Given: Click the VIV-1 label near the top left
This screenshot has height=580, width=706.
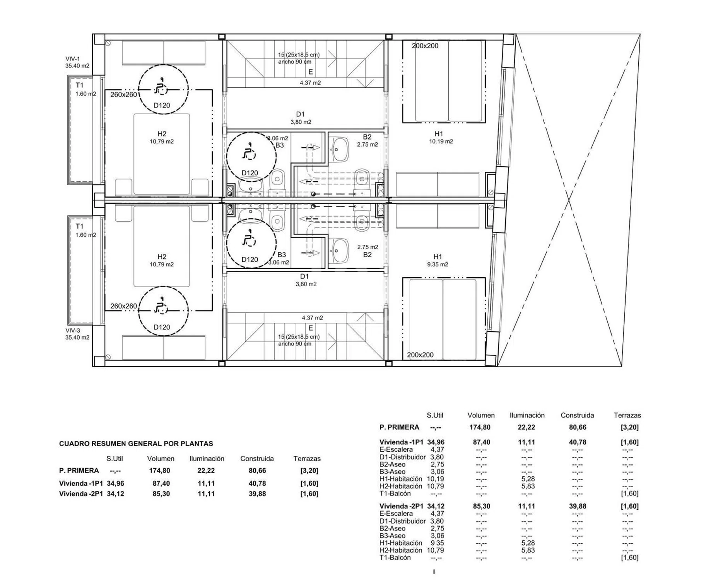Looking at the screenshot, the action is click(x=73, y=59).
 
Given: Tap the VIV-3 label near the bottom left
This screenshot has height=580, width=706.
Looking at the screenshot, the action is click(x=73, y=331).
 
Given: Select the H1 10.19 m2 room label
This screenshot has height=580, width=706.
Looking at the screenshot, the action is click(x=441, y=137).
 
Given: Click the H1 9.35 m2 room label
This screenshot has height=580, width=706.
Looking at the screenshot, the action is click(x=438, y=260).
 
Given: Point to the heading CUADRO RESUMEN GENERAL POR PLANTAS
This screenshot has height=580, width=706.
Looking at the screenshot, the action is click(x=136, y=444).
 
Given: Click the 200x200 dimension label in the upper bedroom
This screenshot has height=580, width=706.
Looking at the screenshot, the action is click(x=425, y=46).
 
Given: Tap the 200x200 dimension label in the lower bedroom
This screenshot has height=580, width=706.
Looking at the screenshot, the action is click(x=420, y=355).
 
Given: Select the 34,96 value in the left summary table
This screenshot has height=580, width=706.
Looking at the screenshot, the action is click(x=115, y=483).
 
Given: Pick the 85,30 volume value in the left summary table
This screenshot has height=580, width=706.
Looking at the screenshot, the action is click(x=161, y=494).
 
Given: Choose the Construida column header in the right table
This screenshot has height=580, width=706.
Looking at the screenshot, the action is click(x=577, y=415).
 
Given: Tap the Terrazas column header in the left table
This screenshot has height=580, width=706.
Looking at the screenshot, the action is click(x=307, y=459).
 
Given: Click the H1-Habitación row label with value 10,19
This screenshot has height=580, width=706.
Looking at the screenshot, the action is click(x=401, y=479).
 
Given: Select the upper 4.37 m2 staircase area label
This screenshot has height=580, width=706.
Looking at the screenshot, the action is click(x=310, y=83).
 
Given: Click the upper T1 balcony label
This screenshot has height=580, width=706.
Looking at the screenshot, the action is click(x=79, y=85).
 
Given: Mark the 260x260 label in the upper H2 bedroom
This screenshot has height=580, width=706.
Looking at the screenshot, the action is click(x=123, y=94).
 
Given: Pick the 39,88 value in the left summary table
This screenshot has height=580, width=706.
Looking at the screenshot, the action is click(x=257, y=494).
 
